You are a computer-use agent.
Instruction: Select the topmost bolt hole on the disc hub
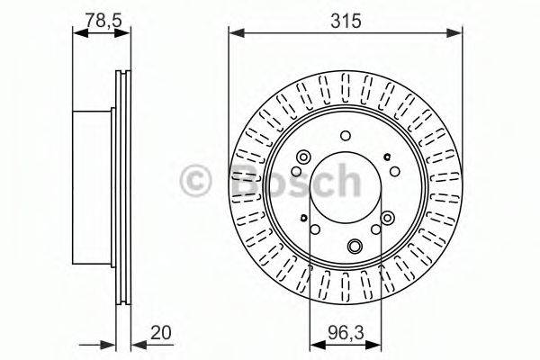tap(346, 136)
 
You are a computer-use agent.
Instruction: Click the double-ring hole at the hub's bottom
tap(354, 247)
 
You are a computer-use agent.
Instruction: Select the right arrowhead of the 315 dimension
tap(462, 33)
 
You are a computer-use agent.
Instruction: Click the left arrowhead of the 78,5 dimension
tap(76, 33)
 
